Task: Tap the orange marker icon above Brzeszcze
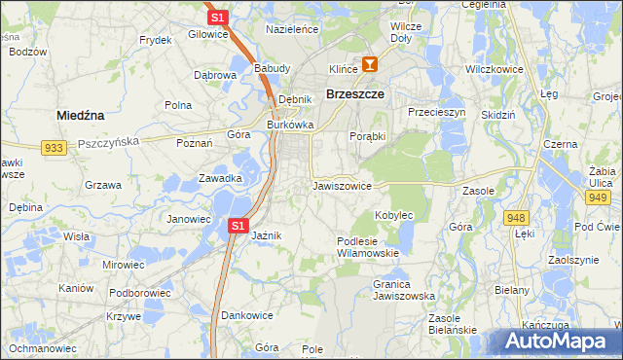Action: tap(370, 65)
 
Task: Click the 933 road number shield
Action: tap(54, 147)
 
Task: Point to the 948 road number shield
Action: tap(516, 217)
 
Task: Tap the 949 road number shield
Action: tap(598, 198)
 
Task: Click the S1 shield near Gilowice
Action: tap(218, 18)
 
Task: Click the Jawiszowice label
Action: tap(342, 185)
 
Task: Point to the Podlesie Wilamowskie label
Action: tap(367, 247)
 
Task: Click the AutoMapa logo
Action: tap(561, 341)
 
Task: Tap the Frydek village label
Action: tap(156, 40)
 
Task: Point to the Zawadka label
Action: tap(220, 178)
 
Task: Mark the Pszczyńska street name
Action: tap(108, 141)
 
